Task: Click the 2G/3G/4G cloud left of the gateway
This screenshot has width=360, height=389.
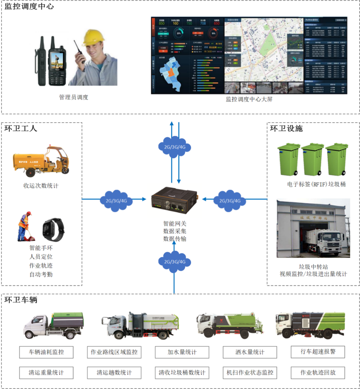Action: [116, 201]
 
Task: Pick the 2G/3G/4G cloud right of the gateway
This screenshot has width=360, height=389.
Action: [229, 201]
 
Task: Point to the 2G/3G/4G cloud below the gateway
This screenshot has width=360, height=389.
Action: [174, 262]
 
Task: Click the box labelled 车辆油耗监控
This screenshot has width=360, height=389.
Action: [46, 352]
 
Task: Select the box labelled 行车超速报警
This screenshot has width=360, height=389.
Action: [318, 352]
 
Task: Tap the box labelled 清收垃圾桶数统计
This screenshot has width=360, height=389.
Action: [182, 373]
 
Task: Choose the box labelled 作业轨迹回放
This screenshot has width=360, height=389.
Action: [318, 373]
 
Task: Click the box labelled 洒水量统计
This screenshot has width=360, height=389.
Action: [250, 352]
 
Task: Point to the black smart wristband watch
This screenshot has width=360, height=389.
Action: [53, 229]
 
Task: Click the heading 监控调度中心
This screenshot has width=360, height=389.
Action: [29, 6]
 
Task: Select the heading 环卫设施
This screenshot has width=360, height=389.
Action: [286, 128]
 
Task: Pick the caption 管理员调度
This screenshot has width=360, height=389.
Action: [73, 97]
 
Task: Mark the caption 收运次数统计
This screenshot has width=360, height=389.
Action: [41, 185]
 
